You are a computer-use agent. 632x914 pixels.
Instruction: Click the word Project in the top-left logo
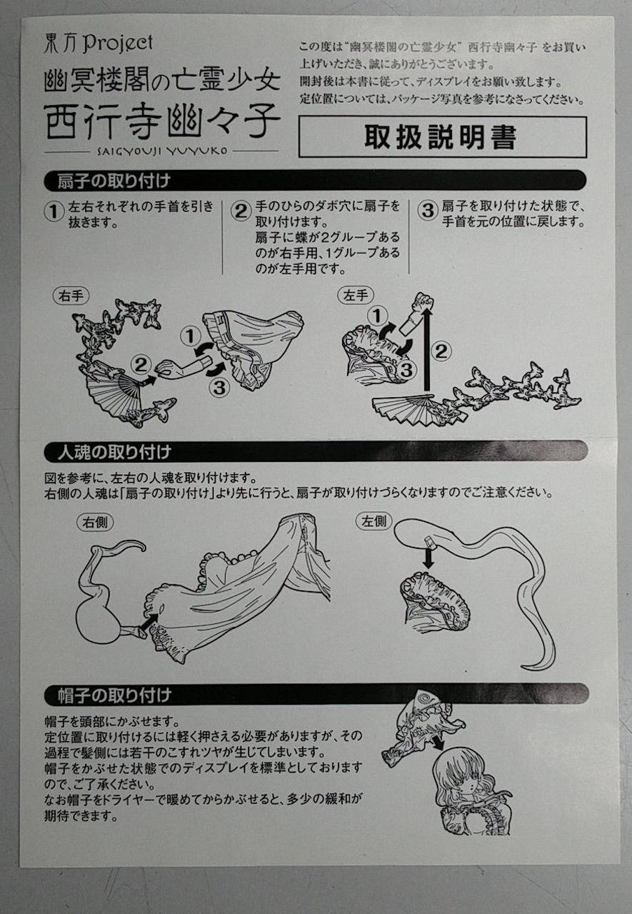118,44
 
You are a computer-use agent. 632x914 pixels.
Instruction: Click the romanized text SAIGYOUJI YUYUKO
163,151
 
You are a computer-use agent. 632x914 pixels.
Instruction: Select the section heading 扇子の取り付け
114,181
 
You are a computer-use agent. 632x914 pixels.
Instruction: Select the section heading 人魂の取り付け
114,452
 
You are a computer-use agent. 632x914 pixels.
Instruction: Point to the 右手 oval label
71,296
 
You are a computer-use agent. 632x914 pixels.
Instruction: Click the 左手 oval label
356,295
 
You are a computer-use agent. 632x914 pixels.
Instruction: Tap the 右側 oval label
95,522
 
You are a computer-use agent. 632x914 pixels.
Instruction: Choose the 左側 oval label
373,521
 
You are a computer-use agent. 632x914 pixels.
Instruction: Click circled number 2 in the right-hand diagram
141,365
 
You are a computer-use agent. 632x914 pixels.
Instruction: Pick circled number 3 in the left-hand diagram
406,370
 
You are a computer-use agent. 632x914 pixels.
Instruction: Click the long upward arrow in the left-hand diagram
427,351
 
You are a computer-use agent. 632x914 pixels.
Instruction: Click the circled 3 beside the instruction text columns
428,211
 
